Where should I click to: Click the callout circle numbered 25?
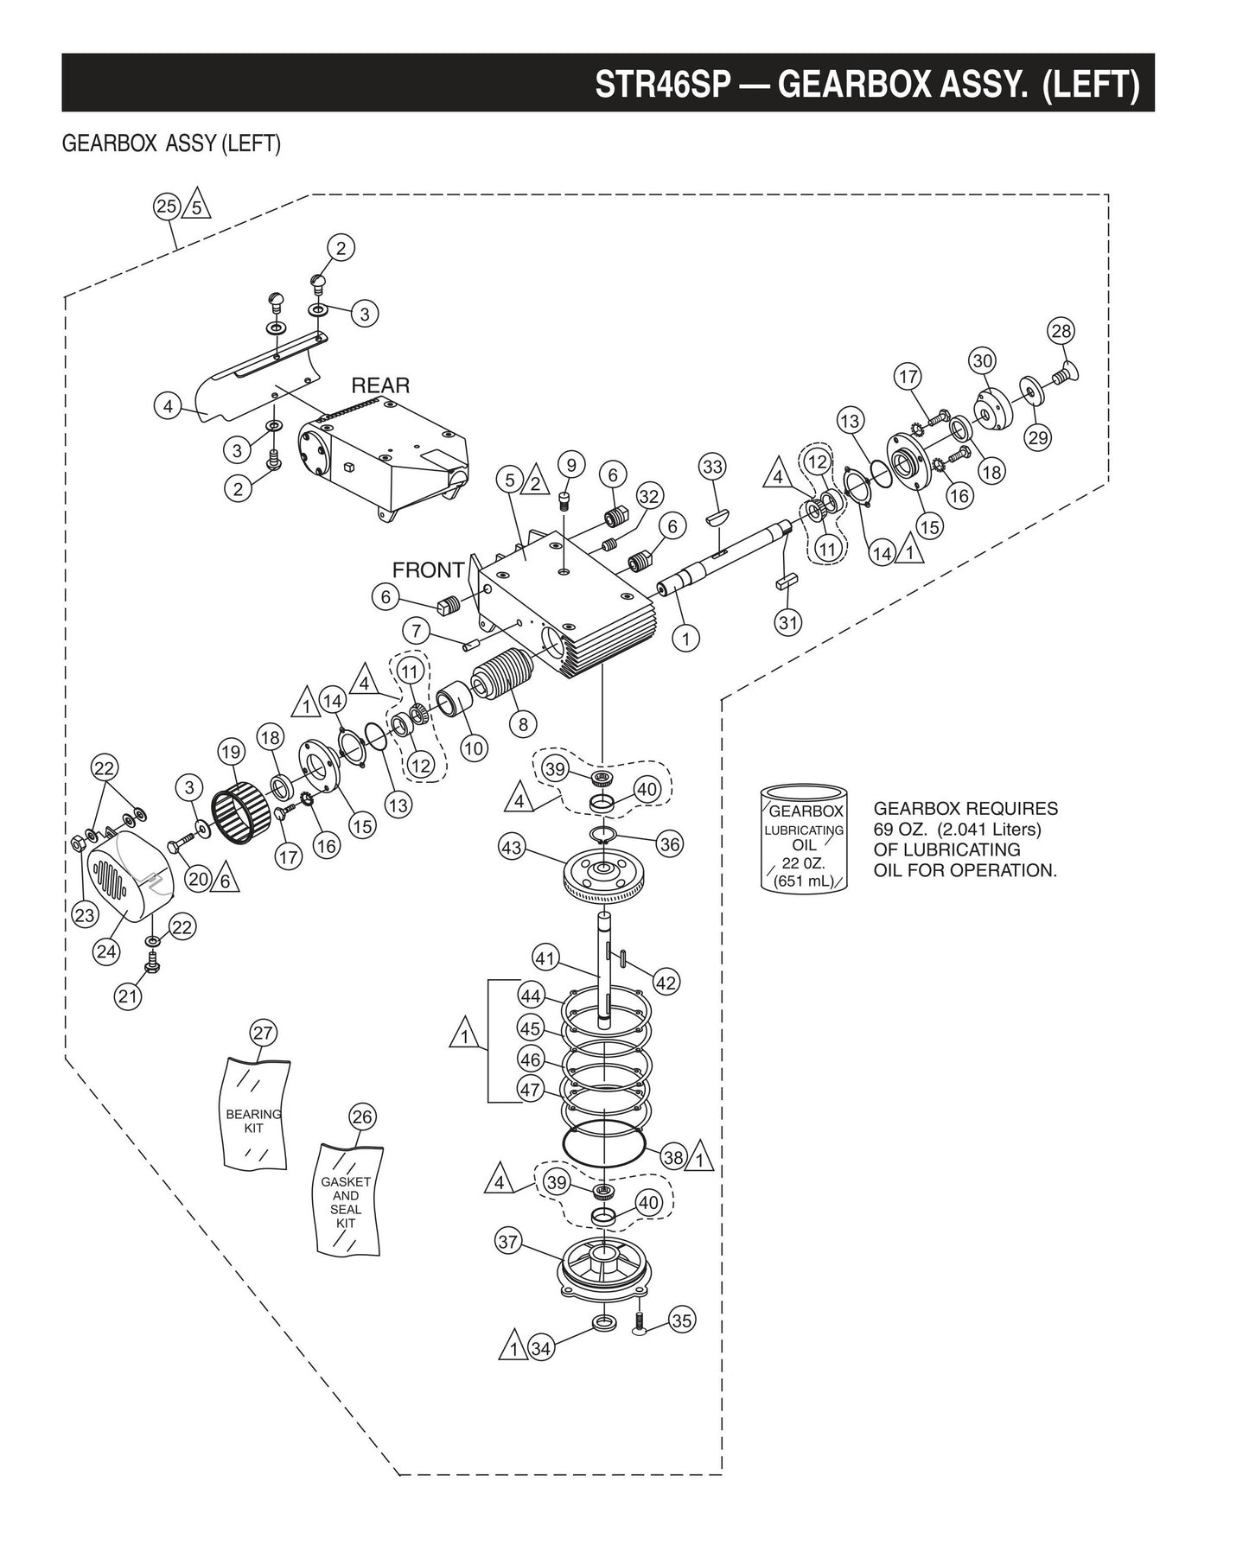pyautogui.click(x=166, y=206)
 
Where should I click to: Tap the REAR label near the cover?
pyautogui.click(x=380, y=385)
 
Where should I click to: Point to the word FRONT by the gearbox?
pyautogui.click(x=428, y=570)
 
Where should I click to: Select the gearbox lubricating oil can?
pyautogui.click(x=804, y=837)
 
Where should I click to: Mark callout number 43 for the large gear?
pyautogui.click(x=512, y=848)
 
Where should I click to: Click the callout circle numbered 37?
pyautogui.click(x=508, y=1242)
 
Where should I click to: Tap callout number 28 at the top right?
pyautogui.click(x=1061, y=331)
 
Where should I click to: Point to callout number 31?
pyautogui.click(x=788, y=621)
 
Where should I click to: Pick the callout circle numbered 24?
pyautogui.click(x=106, y=951)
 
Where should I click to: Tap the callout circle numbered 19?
pyautogui.click(x=230, y=752)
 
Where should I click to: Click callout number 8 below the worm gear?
pyautogui.click(x=522, y=723)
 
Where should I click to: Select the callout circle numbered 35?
pyautogui.click(x=682, y=1320)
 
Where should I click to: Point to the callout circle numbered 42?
pyautogui.click(x=666, y=982)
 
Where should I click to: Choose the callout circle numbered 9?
pyautogui.click(x=571, y=464)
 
